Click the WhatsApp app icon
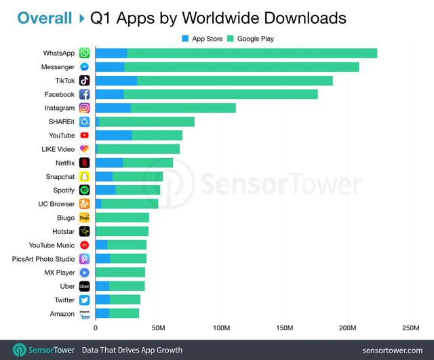pyautogui.click(x=84, y=53)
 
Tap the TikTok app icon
pyautogui.click(x=84, y=81)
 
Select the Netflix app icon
pyautogui.click(x=84, y=163)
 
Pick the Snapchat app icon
pyautogui.click(x=84, y=177)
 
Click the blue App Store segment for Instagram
pyautogui.click(x=113, y=108)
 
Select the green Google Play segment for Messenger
pyautogui.click(x=241, y=67)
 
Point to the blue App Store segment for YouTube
pyautogui.click(x=113, y=136)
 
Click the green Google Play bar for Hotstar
pyautogui.click(x=123, y=231)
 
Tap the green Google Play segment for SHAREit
pyautogui.click(x=146, y=122)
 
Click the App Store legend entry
pyautogui.click(x=202, y=39)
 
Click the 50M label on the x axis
pyautogui.click(x=159, y=328)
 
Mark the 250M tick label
pyautogui.click(x=410, y=328)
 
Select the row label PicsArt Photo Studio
pyautogui.click(x=43, y=259)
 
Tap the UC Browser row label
pyautogui.click(x=56, y=204)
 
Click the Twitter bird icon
pyautogui.click(x=84, y=300)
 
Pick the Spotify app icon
pyautogui.click(x=84, y=191)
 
